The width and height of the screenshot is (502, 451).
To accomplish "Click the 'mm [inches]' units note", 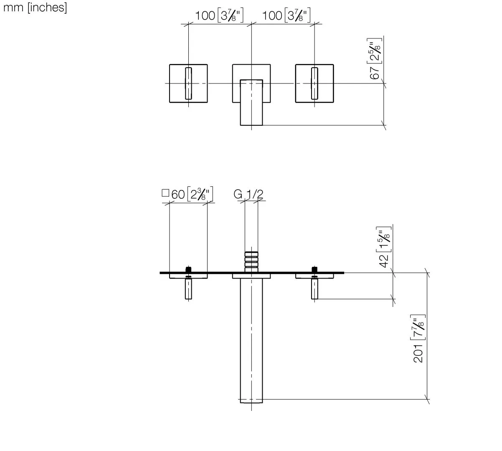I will (x=35, y=8).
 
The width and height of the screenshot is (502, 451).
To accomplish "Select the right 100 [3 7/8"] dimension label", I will (x=286, y=16).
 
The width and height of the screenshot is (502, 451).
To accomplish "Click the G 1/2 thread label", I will (x=248, y=194).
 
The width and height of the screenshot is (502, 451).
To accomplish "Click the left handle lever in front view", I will (x=188, y=83).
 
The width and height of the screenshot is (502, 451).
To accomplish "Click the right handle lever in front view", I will (x=314, y=83).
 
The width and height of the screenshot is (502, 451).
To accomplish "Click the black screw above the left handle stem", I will (x=189, y=269).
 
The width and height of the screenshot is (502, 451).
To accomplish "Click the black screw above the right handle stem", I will (x=314, y=269).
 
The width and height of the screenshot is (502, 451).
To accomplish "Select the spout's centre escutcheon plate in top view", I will (x=251, y=276).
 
